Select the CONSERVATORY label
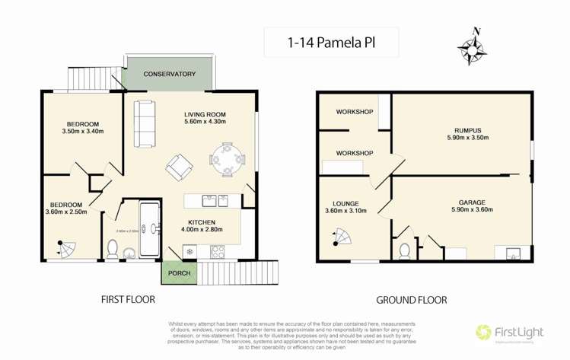click(170, 75)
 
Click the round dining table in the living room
click(227, 160)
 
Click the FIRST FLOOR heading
click(128, 300)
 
